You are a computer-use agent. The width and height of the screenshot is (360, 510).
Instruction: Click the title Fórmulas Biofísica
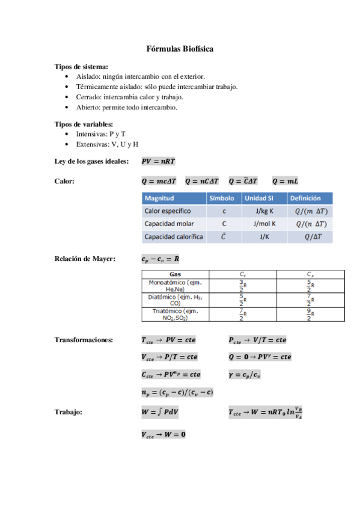coord(180,49)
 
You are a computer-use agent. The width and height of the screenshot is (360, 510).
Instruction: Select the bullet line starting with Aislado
coord(140,76)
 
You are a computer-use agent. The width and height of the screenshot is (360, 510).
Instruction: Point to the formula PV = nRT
coord(158,162)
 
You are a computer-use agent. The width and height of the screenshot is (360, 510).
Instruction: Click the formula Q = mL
coord(285,180)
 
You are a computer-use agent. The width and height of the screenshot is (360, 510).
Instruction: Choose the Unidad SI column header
coord(260,198)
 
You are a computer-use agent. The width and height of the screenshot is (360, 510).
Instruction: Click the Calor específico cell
coord(168,211)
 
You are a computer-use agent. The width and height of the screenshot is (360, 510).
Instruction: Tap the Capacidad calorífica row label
coord(174,236)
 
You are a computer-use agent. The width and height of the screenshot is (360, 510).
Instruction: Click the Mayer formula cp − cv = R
coord(160,259)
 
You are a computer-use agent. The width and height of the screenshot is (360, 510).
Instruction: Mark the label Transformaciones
coord(84,340)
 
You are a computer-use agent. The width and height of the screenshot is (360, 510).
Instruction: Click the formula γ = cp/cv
coord(248,374)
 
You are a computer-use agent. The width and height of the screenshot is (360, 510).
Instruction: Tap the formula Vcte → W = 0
coord(163,434)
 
